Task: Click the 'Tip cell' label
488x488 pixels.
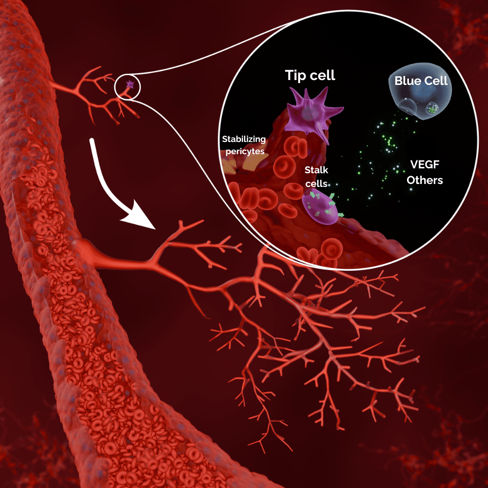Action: coord(310,75)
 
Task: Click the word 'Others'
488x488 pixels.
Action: coord(425,180)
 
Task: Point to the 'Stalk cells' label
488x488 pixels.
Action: coord(316,177)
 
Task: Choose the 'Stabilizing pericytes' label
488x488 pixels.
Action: coord(244,145)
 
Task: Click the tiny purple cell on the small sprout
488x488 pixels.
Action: coord(130,85)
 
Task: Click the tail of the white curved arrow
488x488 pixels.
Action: coord(91,142)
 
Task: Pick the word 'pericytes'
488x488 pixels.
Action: coord(245,151)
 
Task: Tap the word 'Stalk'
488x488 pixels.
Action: coord(316,170)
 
